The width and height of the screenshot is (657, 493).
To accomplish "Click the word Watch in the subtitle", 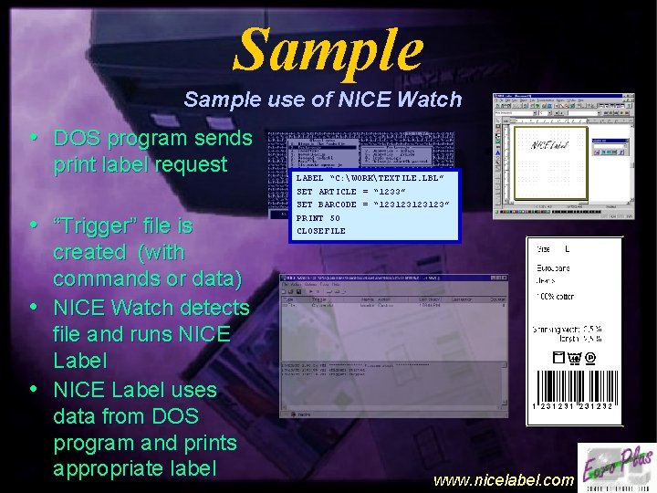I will [x=431, y=99].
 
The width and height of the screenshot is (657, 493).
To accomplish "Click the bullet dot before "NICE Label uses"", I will [x=34, y=388].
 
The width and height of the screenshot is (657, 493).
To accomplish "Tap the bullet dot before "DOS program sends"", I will [x=34, y=138].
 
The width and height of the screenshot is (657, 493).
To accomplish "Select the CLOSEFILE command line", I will [x=321, y=231].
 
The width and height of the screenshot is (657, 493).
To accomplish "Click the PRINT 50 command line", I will [x=318, y=218].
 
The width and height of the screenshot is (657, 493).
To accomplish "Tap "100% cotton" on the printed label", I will [x=559, y=299].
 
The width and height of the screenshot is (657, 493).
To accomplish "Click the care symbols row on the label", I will [x=574, y=359].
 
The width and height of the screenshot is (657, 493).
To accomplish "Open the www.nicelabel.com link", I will [x=503, y=479].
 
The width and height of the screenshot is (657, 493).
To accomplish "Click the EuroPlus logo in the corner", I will [x=616, y=467].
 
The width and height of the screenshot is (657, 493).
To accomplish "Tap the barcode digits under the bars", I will [x=573, y=405].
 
